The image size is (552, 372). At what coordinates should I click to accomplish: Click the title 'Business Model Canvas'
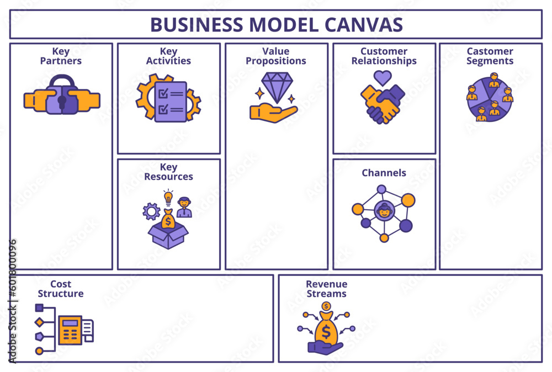click(276, 24)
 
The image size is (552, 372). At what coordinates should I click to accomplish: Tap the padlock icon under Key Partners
click(61, 96)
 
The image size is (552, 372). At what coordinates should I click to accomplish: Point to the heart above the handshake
click(383, 77)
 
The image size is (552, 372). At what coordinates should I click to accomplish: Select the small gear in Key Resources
click(151, 211)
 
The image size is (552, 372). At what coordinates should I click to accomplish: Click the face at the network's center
click(384, 210)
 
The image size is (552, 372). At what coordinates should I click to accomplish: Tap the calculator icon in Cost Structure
click(70, 330)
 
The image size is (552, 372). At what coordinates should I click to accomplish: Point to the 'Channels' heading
click(384, 173)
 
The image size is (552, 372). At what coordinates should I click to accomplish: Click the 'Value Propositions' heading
click(276, 56)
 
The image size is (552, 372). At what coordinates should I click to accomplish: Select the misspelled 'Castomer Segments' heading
click(490, 56)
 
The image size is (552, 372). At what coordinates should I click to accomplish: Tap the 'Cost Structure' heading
click(61, 289)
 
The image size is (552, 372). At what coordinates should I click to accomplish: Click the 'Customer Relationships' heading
click(384, 56)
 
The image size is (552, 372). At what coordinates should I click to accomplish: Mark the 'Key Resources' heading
click(168, 172)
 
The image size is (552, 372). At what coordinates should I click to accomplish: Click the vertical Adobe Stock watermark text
click(13, 301)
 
